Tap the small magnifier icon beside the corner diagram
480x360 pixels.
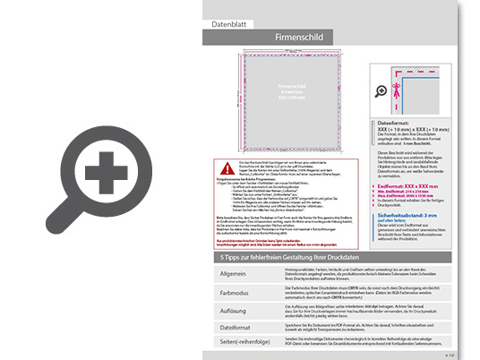(382, 90)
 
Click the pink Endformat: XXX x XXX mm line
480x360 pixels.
(410, 186)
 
